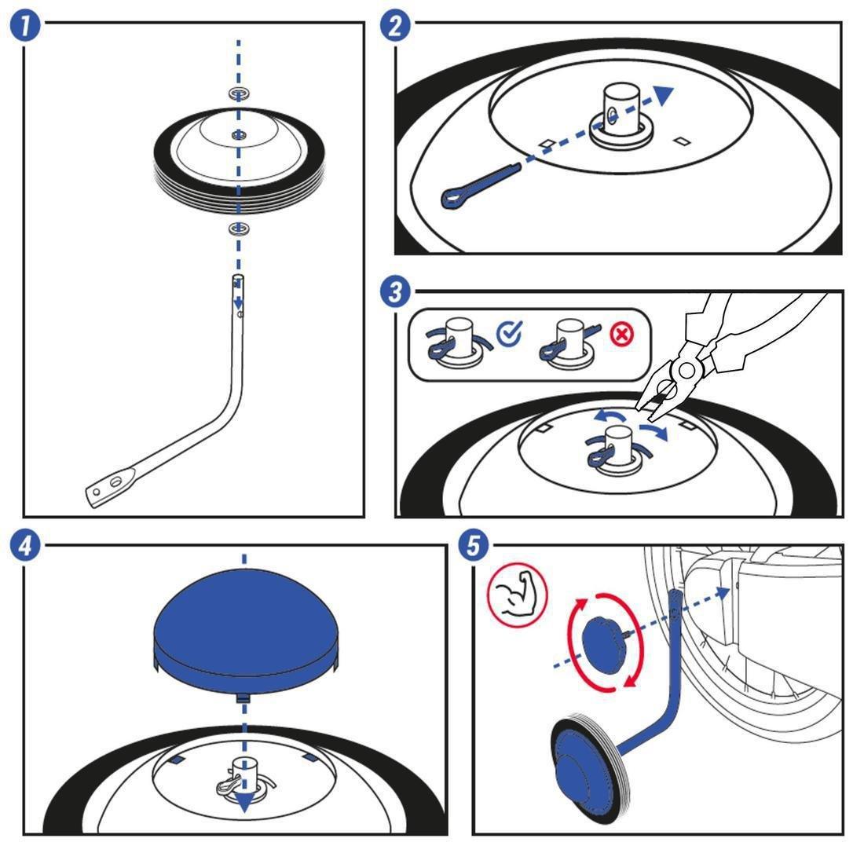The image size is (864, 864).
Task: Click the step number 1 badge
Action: click(25, 27)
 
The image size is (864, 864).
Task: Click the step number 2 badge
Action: click(396, 26)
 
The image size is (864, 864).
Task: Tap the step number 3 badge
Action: click(396, 291)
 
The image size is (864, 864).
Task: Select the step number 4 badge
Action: click(25, 547)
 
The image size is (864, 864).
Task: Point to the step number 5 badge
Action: click(474, 547)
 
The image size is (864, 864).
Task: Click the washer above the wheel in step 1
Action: click(239, 93)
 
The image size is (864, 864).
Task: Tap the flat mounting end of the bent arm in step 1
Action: click(110, 487)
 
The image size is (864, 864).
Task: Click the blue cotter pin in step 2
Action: click(481, 185)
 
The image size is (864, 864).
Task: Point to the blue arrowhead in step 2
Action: click(664, 95)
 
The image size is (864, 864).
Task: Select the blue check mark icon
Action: click(510, 333)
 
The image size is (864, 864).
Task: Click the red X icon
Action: click(622, 335)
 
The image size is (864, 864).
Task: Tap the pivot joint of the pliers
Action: click(686, 370)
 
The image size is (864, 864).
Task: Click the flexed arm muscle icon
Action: click(518, 594)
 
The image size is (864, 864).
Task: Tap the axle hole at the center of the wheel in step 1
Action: click(238, 135)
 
